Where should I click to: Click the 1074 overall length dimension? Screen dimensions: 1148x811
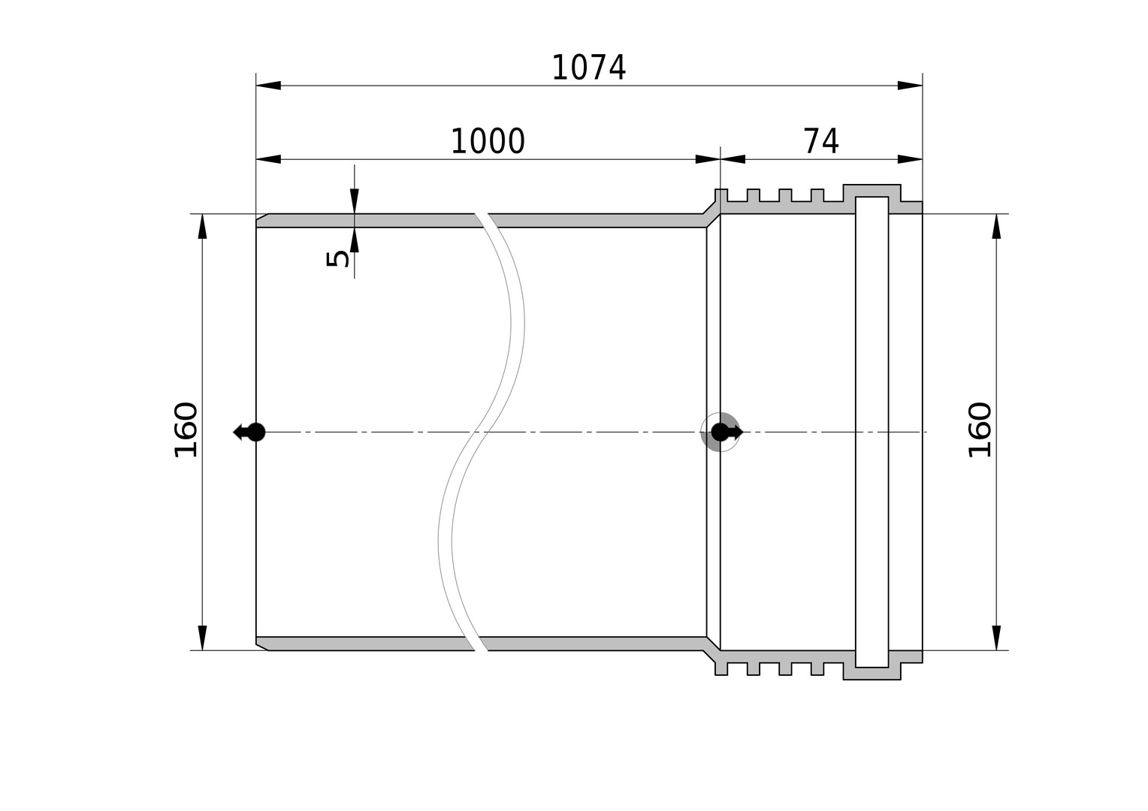[589, 68]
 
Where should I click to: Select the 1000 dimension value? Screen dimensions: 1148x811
[488, 141]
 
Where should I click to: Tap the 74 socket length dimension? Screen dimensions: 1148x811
[821, 141]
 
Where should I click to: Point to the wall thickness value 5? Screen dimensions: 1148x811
[338, 259]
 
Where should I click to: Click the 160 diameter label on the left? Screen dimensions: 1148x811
[186, 430]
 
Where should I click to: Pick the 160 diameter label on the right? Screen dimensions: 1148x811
[980, 430]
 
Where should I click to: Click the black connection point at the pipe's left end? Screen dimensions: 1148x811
[256, 433]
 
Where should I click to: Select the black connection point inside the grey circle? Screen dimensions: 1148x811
[720, 433]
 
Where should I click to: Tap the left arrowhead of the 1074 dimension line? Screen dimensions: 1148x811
[268, 86]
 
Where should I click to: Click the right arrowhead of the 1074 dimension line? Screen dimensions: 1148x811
[910, 86]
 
